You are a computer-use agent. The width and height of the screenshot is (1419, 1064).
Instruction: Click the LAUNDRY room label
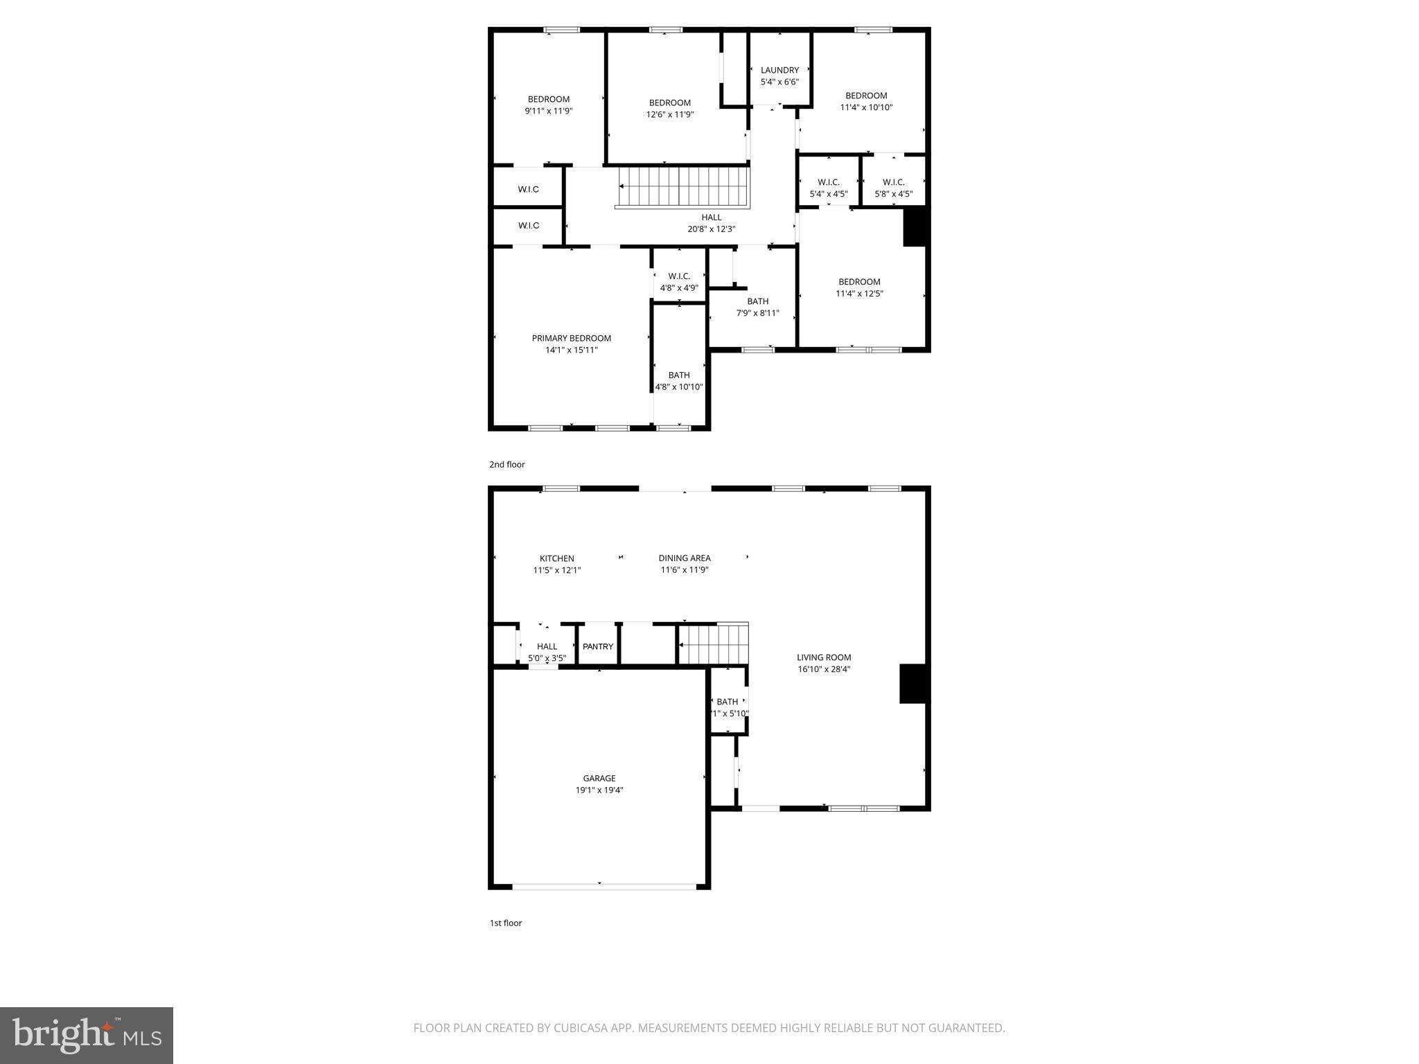pos(779,70)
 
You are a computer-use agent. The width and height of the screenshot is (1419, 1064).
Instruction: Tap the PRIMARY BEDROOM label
pos(571,338)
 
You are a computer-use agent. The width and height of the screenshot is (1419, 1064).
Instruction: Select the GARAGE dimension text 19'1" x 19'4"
pos(599,790)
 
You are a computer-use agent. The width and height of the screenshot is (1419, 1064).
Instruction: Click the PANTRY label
pos(597,646)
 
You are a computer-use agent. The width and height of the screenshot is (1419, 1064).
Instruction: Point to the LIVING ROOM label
pos(823,657)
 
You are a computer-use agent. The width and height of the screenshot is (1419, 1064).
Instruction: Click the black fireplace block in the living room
pos(913,684)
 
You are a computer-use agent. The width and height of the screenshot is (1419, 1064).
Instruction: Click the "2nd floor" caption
pos(506,464)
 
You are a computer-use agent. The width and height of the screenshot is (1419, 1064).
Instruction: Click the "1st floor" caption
pos(505,923)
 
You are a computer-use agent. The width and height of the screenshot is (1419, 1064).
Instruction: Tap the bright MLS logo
pos(87,1035)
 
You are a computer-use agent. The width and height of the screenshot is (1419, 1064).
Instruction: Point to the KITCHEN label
pos(556,558)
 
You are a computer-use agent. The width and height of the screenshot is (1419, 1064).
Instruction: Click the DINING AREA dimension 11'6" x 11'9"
pos(684,570)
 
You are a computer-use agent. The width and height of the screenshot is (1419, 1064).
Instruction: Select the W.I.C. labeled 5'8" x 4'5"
pos(893,188)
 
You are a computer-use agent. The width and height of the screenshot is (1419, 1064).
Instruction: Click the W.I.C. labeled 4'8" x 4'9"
pos(679,282)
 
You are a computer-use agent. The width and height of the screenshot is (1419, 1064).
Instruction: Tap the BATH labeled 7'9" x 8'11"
pos(757,307)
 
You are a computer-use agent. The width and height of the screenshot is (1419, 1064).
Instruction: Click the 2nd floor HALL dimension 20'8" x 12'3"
pos(711,229)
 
